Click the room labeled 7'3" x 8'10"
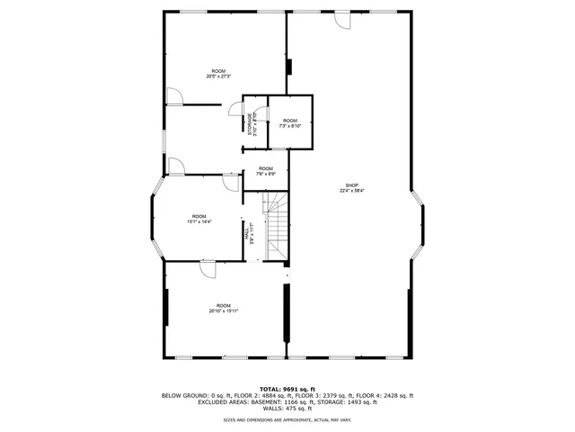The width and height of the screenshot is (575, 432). click(290, 123)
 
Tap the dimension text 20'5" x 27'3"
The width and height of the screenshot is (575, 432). click(218, 76)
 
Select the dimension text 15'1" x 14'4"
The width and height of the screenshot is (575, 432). click(199, 221)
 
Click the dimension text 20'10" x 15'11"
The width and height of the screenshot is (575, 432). click(223, 311)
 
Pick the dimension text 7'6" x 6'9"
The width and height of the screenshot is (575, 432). click(266, 174)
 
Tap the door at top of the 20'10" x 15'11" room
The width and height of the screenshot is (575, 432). click(208, 270)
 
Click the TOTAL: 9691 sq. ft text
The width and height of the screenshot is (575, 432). click(287, 388)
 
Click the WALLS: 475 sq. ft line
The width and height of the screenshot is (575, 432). click(287, 409)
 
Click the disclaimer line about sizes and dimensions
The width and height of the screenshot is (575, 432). click(287, 419)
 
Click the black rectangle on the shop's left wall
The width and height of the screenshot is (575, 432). click(289, 68)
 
